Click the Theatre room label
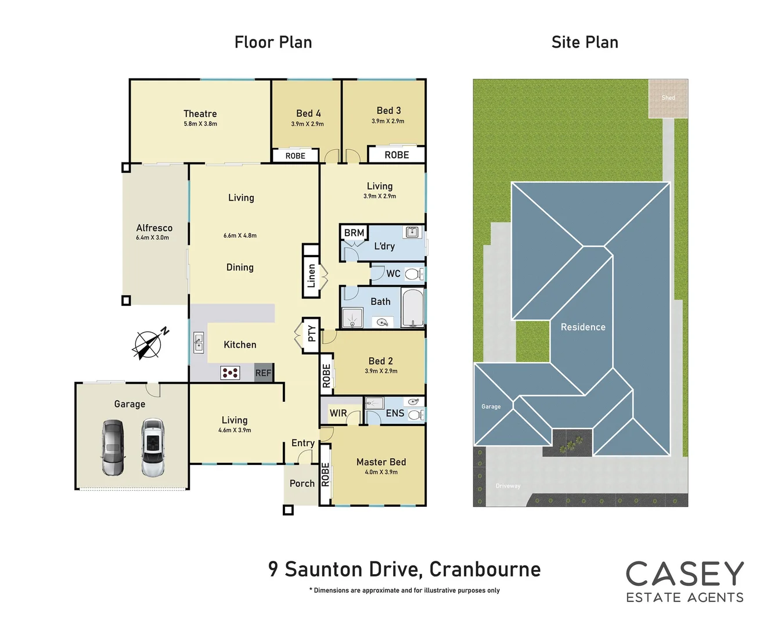coord(200,114)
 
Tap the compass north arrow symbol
coord(149,343)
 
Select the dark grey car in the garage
coord(113,447)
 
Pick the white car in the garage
coord(153,447)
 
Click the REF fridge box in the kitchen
coord(264,373)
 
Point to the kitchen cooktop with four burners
coord(230,373)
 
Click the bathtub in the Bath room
coord(413,308)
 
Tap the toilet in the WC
coord(413,274)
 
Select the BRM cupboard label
coord(354,233)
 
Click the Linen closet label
coord(311,276)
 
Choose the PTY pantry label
coord(311,334)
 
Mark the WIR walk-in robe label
coord(338,413)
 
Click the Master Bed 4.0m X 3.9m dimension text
coord(381,472)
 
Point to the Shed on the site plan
coord(668,98)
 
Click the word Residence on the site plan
coord(583,327)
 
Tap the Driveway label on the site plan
coord(508,486)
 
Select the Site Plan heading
coord(585,42)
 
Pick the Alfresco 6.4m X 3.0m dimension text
coord(153,237)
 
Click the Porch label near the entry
coord(302,484)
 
